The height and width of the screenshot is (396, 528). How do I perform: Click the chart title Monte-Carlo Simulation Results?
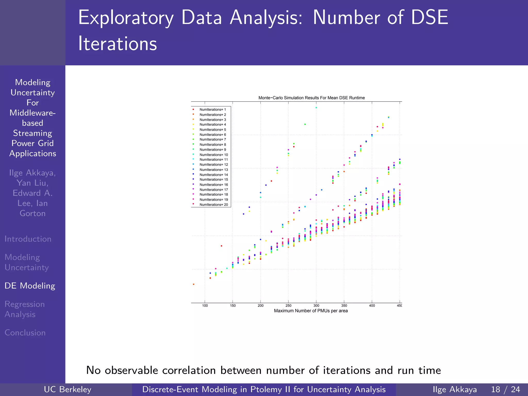tap(311, 98)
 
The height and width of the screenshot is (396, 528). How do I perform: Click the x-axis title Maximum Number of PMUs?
tap(311, 311)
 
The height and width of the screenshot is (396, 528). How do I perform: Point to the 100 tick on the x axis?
tap(205, 306)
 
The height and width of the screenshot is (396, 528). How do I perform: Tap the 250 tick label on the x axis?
tap(288, 306)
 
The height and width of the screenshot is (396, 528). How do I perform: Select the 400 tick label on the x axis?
tap(372, 306)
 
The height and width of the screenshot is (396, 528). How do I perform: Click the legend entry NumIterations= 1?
tap(212, 110)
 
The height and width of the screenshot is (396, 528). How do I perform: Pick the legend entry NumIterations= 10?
tap(213, 155)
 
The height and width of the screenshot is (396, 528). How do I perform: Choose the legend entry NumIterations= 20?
tap(213, 205)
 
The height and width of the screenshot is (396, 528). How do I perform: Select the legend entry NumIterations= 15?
tap(213, 180)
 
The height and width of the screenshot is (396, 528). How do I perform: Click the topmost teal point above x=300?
tap(316, 108)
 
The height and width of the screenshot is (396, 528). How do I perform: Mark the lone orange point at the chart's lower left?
tap(194, 284)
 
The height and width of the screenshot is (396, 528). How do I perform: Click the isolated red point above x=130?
tap(221, 246)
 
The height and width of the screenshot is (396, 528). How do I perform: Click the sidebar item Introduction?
tap(28, 239)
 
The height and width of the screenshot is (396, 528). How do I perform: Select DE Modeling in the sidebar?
tap(30, 286)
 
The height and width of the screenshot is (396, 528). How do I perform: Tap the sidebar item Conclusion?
tap(25, 333)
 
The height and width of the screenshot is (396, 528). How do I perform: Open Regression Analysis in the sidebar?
tap(24, 309)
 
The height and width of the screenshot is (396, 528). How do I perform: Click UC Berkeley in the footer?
tap(68, 389)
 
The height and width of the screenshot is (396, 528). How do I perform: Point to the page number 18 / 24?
tap(506, 389)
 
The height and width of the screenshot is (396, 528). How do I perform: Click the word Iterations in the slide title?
tap(118, 44)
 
